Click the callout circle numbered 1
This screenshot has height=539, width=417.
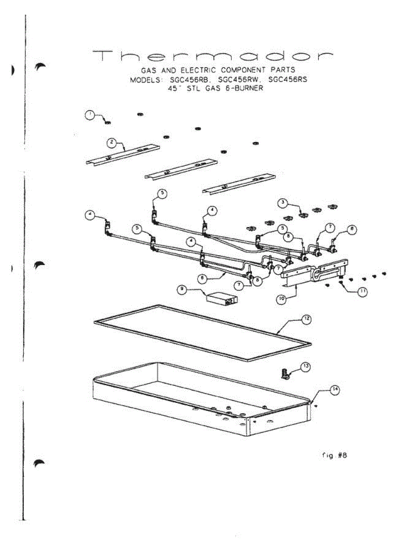[x=90, y=115]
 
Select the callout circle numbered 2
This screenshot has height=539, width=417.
[x=112, y=143]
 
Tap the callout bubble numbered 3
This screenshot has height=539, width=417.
[x=282, y=203]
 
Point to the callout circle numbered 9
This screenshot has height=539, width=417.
[x=182, y=290]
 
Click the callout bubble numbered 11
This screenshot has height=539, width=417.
[x=362, y=292]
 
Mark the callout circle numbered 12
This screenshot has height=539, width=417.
[x=305, y=319]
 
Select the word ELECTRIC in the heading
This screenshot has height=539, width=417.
[x=199, y=70]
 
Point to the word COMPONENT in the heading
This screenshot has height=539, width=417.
[x=242, y=70]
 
